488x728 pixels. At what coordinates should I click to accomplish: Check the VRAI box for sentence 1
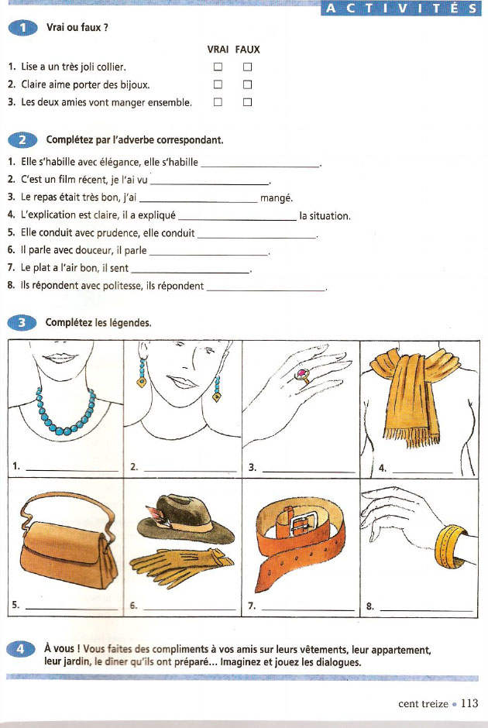click(218, 67)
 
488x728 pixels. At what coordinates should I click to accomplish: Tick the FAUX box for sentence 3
click(248, 101)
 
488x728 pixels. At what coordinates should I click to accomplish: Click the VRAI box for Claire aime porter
click(218, 84)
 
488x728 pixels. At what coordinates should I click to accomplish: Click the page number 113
click(469, 703)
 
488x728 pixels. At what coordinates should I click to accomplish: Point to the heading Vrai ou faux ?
click(77, 28)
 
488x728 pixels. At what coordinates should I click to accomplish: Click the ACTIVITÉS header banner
click(400, 9)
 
